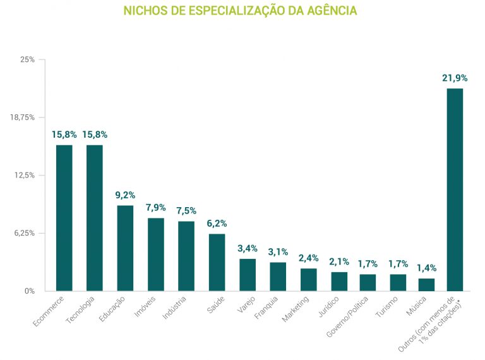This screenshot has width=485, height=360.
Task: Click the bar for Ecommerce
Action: click(x=64, y=218)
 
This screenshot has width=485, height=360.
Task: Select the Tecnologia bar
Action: click(x=95, y=218)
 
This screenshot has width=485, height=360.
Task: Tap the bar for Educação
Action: click(x=125, y=248)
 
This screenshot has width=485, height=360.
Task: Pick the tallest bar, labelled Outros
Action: click(x=455, y=189)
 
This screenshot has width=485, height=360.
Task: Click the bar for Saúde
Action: click(x=217, y=262)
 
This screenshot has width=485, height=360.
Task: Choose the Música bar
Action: click(x=426, y=285)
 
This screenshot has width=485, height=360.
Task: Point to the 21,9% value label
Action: click(x=455, y=78)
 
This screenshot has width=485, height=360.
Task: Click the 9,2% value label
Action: click(x=125, y=195)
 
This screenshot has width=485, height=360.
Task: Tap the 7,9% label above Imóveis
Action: click(x=155, y=208)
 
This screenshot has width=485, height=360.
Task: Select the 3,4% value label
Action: click(x=248, y=248)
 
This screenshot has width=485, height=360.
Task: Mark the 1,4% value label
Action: click(x=427, y=268)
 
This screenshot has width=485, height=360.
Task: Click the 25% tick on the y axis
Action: click(x=28, y=59)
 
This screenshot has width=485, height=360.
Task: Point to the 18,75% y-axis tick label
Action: click(x=22, y=117)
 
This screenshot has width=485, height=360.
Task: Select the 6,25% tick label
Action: click(x=25, y=233)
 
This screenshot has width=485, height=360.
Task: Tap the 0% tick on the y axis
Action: click(x=30, y=291)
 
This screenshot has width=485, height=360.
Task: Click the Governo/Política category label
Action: click(x=347, y=316)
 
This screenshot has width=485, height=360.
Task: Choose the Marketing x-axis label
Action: click(x=296, y=309)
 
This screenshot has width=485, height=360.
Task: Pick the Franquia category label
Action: click(x=266, y=308)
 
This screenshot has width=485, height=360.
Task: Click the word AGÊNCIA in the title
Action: click(x=332, y=11)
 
